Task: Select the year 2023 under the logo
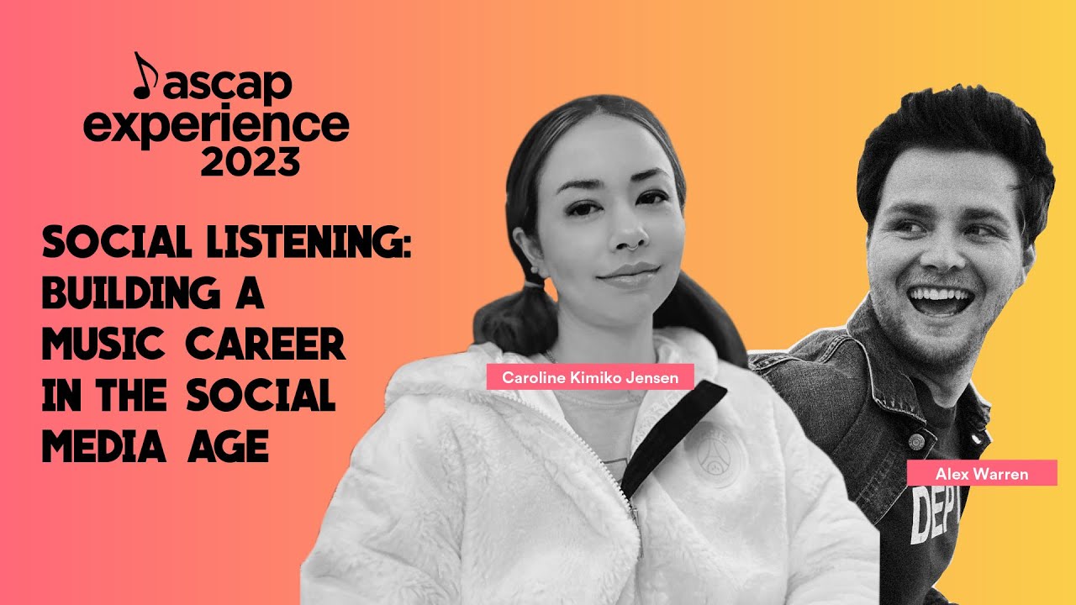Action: pos(250,160)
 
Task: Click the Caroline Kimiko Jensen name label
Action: pos(590,377)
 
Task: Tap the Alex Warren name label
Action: pos(981,473)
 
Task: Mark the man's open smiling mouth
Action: pos(940,299)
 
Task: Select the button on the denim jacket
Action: pos(917,439)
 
